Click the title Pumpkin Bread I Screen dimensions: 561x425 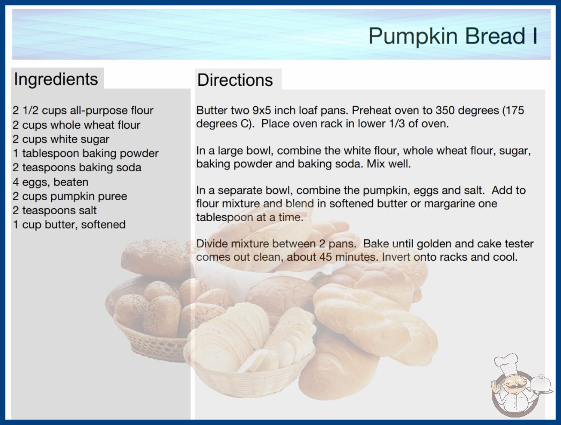(453, 36)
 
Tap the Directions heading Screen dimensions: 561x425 (235, 80)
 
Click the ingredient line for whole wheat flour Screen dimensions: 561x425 (76, 125)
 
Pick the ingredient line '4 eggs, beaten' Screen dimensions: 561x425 (50, 182)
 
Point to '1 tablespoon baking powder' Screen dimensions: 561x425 (85, 153)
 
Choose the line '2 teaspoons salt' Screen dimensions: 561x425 (54, 210)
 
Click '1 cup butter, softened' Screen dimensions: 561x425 (69, 224)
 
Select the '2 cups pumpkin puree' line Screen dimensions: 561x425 (70, 196)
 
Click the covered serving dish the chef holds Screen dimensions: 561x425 (540, 385)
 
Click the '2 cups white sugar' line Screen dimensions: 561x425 (61, 139)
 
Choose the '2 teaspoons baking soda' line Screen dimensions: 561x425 (77, 167)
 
